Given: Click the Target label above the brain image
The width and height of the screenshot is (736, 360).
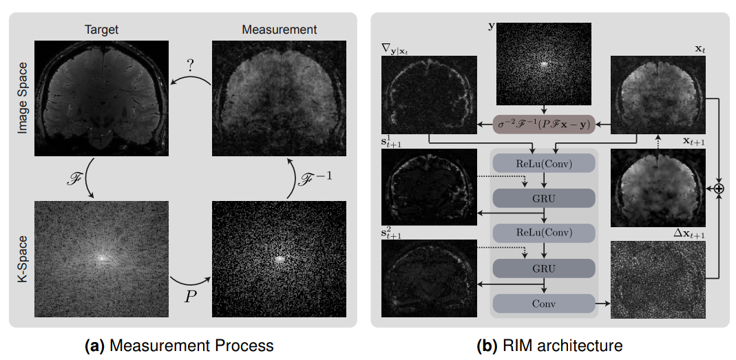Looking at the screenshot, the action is coord(101,30).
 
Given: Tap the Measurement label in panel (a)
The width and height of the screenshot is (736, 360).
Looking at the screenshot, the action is coord(280,30).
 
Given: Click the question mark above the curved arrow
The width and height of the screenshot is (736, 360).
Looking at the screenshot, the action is coord(190,66).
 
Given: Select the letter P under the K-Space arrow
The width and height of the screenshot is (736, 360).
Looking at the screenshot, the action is coord(189,295).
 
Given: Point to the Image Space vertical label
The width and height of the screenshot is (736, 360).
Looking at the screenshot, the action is coord(23,98).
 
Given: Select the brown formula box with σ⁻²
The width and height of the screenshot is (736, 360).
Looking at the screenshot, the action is coord(544,125).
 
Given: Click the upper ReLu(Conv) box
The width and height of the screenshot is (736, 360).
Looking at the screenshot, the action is coord(544,162).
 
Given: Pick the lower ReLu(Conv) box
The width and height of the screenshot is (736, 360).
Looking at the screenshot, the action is coord(544,232).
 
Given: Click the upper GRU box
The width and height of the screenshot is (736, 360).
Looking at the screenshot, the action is coord(544,198).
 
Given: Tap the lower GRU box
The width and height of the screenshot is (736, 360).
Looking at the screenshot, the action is coord(544,267).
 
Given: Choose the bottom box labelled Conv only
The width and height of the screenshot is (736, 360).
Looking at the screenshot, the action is coord(544,303).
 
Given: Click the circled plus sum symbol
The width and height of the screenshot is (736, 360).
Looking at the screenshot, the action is coord(719,187).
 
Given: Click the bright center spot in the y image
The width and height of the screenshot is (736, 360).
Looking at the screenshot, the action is coord(544,64).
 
